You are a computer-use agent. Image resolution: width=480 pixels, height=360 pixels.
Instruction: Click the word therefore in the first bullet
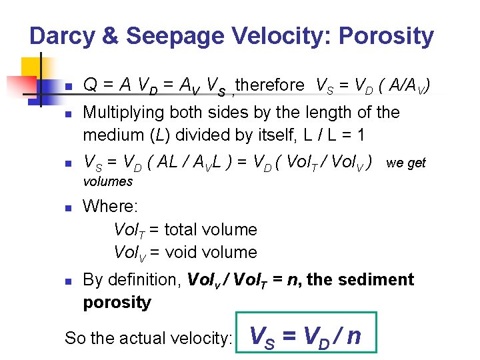[269, 85]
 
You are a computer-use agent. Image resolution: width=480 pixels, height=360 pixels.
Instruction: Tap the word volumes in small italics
[107, 181]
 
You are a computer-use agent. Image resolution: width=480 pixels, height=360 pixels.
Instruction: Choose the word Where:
[110, 207]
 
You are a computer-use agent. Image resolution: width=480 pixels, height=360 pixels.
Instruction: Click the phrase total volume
[210, 230]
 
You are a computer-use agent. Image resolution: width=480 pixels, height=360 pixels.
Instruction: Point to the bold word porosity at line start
[117, 303]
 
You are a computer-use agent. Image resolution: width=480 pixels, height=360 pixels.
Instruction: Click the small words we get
[406, 163]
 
